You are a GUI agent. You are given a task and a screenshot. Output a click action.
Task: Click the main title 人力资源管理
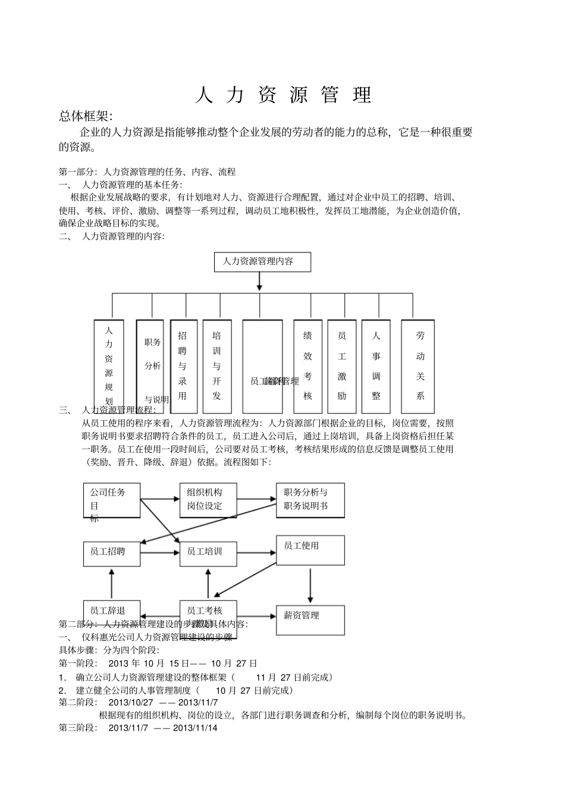tap(283, 95)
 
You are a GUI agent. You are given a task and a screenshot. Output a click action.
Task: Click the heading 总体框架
tap(85, 116)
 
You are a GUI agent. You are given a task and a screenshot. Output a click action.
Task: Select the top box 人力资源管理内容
tap(262, 262)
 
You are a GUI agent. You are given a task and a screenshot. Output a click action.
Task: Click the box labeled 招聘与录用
tap(183, 367)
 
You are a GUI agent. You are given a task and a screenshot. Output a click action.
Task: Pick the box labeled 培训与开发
tap(217, 367)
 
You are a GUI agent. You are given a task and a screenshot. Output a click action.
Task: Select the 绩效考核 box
tap(307, 367)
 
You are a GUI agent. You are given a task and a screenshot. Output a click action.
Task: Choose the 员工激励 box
tap(342, 367)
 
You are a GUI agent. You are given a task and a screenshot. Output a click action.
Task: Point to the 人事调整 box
tap(376, 367)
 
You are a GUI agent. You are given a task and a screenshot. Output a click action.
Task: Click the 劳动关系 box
tap(418, 367)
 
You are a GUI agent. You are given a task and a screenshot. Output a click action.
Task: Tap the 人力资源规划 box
tap(109, 367)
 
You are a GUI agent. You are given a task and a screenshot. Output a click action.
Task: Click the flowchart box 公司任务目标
tap(112, 500)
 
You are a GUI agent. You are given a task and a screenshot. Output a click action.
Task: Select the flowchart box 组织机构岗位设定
tap(208, 500)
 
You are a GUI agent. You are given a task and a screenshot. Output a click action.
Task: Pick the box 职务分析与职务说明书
tap(310, 500)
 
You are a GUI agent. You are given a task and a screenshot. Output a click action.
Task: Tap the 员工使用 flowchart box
tap(310, 550)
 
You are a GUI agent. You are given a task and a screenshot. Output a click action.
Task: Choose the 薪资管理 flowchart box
tap(310, 619)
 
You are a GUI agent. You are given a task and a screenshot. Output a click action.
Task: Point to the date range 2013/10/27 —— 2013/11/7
tap(163, 702)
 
